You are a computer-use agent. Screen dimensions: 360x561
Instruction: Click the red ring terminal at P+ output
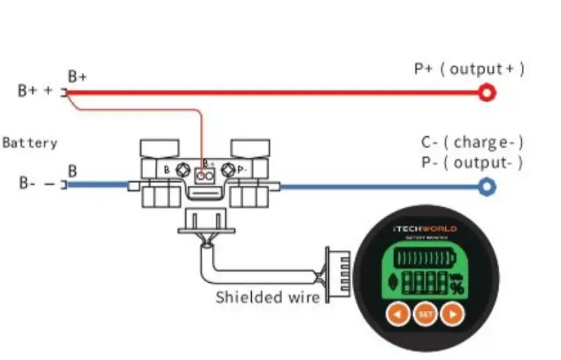[x=487, y=92]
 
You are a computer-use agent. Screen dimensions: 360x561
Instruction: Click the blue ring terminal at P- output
[x=487, y=186]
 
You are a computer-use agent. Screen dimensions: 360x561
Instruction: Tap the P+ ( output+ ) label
[x=469, y=69]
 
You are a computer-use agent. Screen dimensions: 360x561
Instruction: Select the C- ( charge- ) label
[x=472, y=142]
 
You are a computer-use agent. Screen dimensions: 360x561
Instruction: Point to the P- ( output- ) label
[x=472, y=163]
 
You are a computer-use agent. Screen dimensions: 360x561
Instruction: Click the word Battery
[x=29, y=143]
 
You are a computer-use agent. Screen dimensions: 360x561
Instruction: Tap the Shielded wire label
[x=267, y=296]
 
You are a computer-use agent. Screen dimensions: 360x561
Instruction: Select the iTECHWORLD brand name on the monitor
[x=425, y=229]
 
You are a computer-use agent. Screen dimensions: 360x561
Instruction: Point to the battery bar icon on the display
[x=424, y=259]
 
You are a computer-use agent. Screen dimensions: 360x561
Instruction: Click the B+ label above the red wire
[x=77, y=76]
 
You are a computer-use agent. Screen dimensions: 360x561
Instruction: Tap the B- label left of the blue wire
[x=28, y=185]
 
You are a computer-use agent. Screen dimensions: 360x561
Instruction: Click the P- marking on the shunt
[x=241, y=170]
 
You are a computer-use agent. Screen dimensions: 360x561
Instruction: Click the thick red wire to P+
[x=280, y=92]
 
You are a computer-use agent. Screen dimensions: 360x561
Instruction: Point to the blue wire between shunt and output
[x=379, y=187]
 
